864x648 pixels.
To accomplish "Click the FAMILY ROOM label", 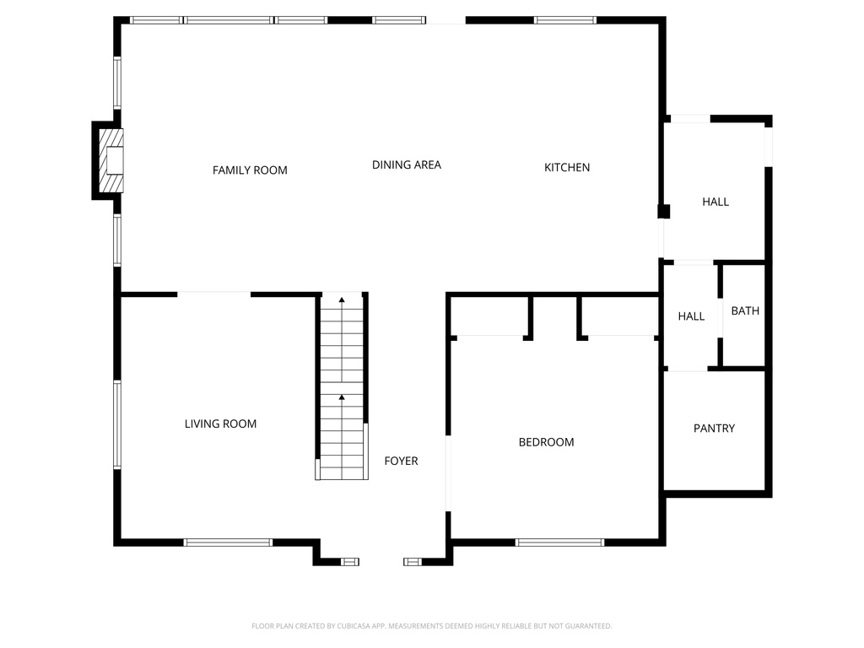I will pos(250,170).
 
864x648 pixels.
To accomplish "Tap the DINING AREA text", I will pos(407,165).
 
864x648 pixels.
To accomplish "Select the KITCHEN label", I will pos(567,168).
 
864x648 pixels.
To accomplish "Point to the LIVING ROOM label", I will pos(220,424).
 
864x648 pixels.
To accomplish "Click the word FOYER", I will pos(401,461).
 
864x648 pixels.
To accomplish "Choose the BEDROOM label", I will pos(546,442).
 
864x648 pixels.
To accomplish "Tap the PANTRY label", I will pos(714,429).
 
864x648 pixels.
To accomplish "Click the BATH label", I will pos(745,311).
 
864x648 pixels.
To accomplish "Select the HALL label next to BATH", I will pos(691,316).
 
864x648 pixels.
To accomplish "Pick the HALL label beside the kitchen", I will pos(715,202).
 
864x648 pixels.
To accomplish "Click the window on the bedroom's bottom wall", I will pos(559,543).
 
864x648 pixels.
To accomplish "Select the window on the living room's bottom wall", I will pos(228,543).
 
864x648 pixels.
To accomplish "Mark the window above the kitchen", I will pos(564,20).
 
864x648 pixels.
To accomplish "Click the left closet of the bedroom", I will pos(489,316).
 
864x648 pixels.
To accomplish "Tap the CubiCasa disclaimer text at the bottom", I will pos(431,626).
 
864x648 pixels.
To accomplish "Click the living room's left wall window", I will pos(117,424).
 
